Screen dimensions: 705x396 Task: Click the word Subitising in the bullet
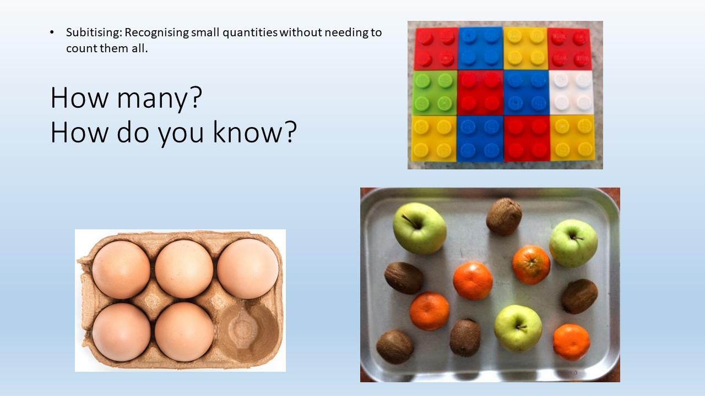[94, 32]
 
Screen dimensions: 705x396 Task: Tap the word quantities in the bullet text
[250, 32]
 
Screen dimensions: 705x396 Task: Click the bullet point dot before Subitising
[52, 32]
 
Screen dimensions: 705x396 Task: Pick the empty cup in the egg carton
[248, 332]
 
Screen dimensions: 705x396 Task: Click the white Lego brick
[572, 92]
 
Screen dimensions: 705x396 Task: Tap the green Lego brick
[435, 93]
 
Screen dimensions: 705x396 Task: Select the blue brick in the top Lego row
[481, 48]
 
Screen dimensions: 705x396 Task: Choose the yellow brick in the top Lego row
[525, 48]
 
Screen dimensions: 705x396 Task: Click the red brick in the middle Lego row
[480, 93]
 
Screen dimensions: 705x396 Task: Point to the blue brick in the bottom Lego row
[480, 139]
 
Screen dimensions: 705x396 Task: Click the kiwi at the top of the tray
[504, 217]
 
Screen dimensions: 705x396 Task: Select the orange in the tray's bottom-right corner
[571, 342]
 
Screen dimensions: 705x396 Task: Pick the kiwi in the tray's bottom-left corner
[395, 347]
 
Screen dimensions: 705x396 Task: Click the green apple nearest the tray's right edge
[573, 243]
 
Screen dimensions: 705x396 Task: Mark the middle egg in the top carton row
[184, 269]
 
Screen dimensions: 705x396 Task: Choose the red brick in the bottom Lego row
[527, 139]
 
